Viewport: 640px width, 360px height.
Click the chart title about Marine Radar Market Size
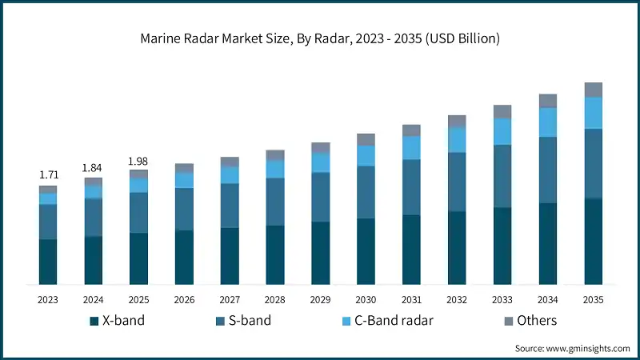click(x=320, y=39)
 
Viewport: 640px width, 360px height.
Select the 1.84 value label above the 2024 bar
click(x=94, y=167)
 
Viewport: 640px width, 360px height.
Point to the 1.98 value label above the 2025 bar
click(x=139, y=162)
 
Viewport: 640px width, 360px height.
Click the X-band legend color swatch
click(x=94, y=321)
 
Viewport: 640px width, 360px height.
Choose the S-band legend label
click(x=250, y=321)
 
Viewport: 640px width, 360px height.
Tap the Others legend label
click(x=537, y=321)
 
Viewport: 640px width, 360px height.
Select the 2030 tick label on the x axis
click(x=366, y=300)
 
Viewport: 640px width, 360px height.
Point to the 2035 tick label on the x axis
click(x=593, y=300)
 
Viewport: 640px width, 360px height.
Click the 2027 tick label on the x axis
click(x=230, y=300)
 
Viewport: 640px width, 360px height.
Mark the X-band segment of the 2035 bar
click(x=593, y=242)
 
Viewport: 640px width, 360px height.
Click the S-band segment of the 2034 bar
click(x=547, y=170)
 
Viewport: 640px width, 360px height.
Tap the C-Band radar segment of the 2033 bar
click(x=502, y=131)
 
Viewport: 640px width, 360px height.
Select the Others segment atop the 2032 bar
click(x=457, y=121)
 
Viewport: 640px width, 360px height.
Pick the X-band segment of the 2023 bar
click(x=48, y=262)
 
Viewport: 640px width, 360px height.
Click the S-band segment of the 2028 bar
click(x=275, y=202)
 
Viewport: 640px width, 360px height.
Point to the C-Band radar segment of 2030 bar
click(x=366, y=155)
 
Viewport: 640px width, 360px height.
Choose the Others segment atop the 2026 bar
click(x=184, y=168)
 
